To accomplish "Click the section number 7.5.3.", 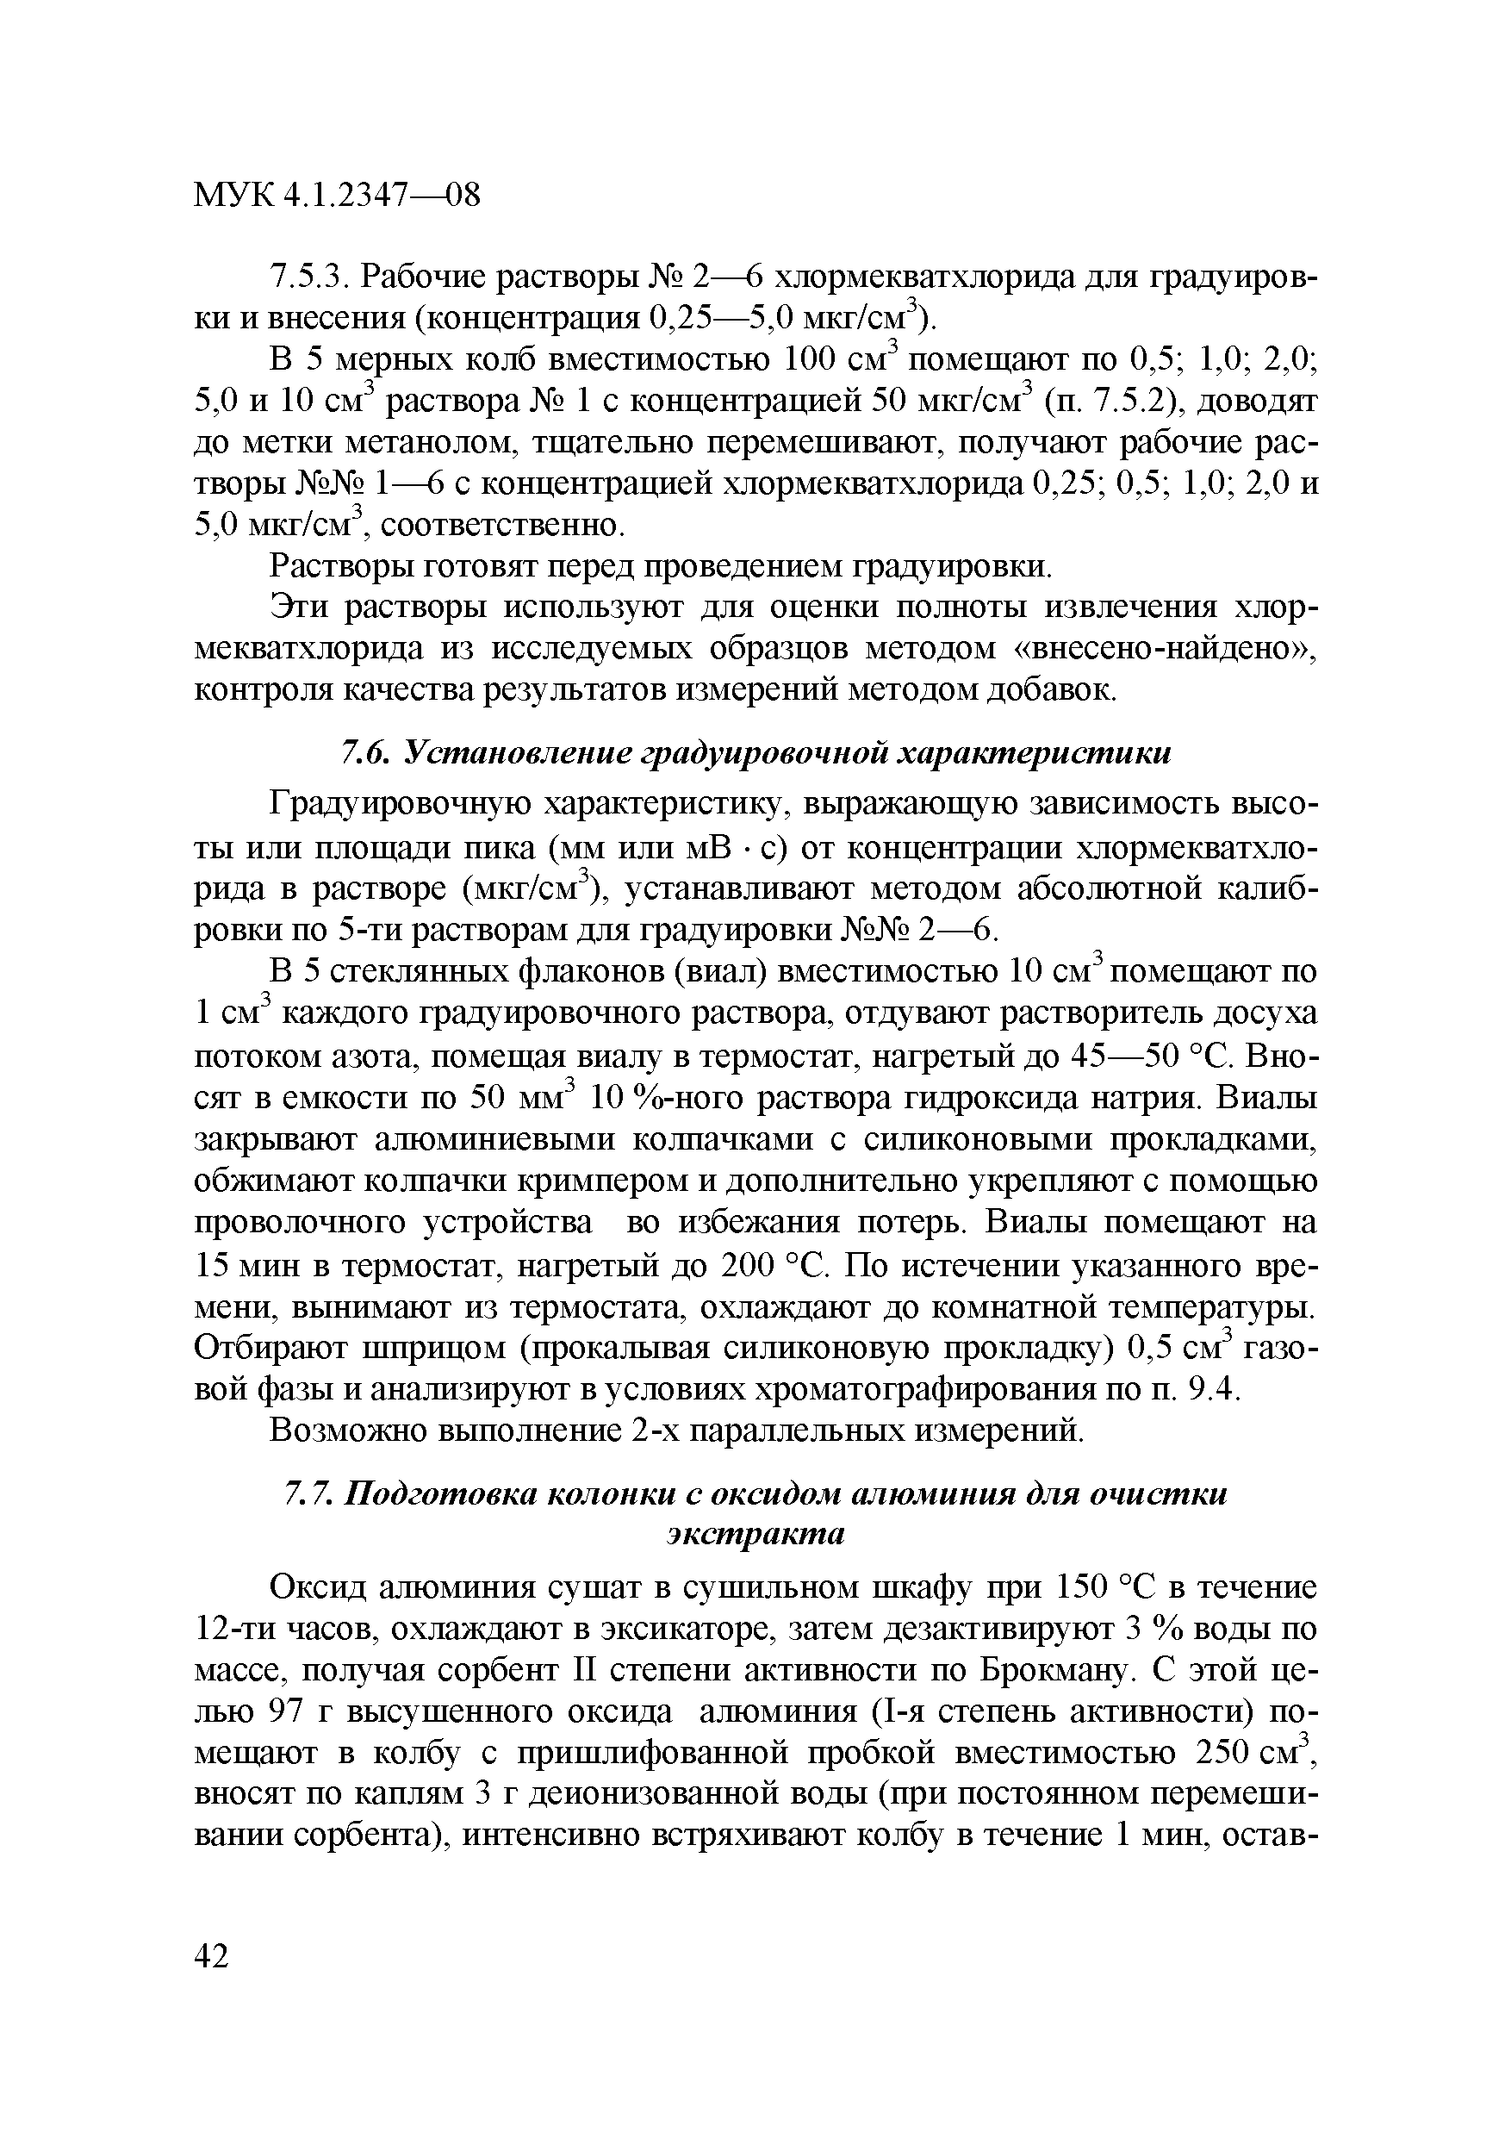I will (308, 277).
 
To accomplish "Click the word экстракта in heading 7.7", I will (755, 1534).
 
